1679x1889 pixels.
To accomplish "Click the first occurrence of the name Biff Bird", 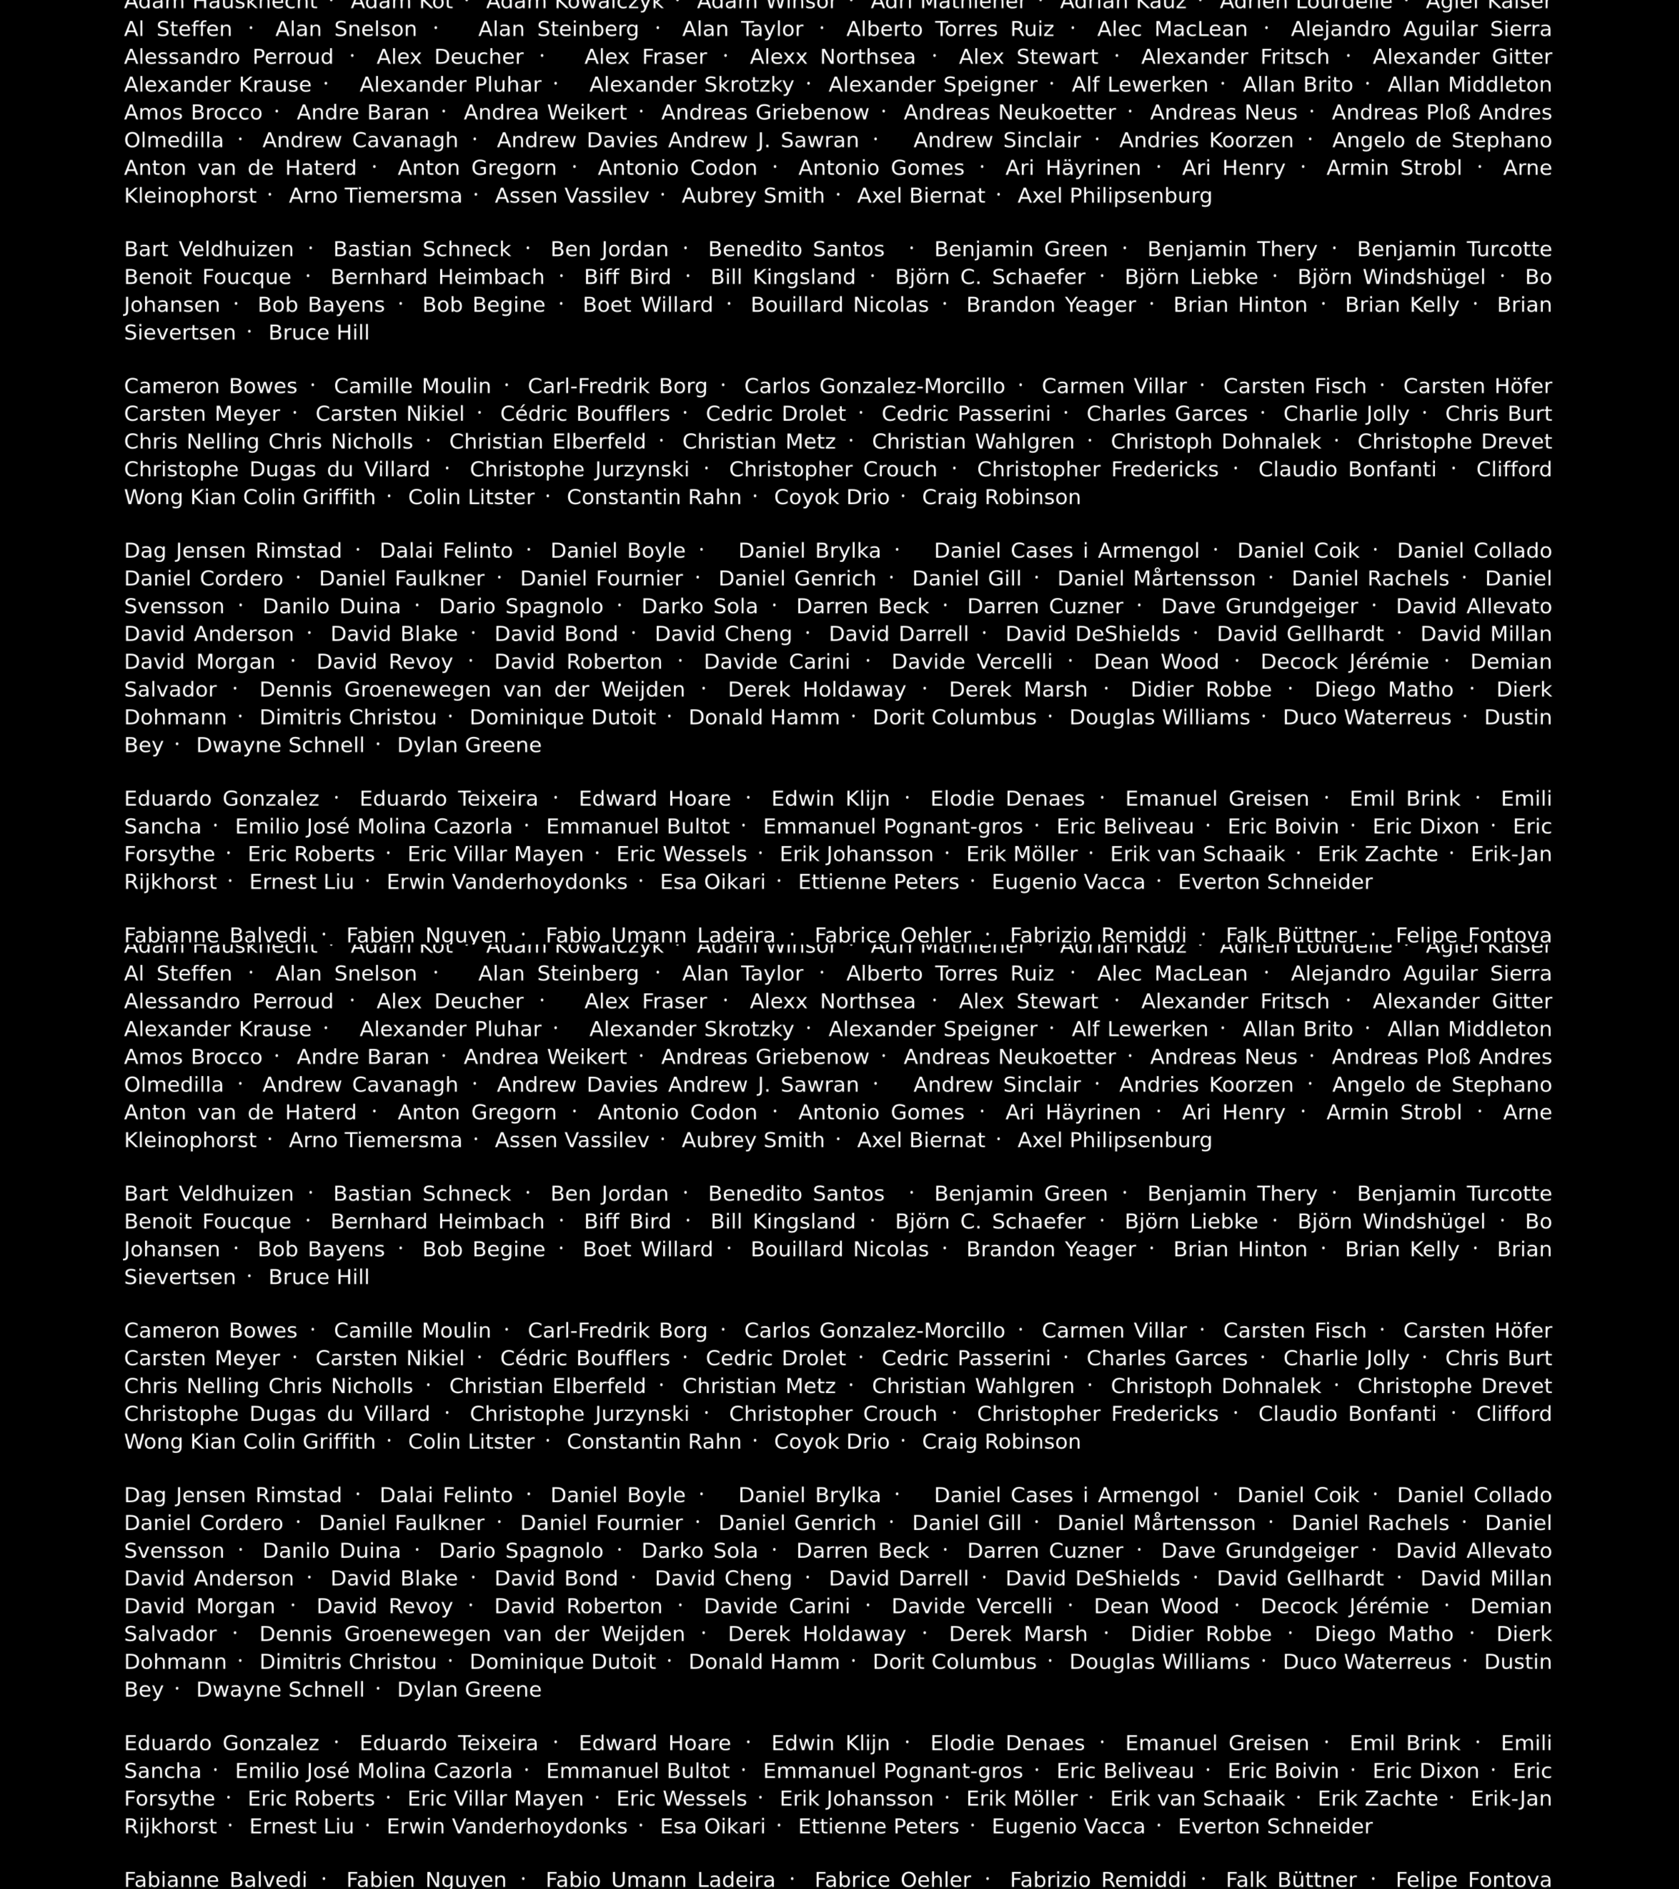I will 628,277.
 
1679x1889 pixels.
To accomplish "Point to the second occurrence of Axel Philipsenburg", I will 1114,1141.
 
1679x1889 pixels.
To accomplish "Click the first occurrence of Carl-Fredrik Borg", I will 617,386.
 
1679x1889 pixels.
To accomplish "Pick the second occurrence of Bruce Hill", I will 319,1277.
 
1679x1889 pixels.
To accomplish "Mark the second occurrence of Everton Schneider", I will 1275,1826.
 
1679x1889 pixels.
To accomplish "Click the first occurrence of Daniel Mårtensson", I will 1156,578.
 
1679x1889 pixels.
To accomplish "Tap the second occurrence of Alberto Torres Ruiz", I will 950,974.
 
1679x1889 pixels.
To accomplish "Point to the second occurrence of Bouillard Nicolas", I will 839,1250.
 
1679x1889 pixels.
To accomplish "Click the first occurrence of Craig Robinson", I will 1001,497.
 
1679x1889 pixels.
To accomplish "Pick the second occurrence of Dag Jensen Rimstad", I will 233,1495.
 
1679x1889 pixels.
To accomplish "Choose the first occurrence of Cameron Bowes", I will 211,386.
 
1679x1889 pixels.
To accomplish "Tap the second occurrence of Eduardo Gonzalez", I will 222,1743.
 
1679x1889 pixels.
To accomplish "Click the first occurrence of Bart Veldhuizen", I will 209,249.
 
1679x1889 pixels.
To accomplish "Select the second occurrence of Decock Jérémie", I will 1344,1606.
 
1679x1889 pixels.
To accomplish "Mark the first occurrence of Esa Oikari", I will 712,882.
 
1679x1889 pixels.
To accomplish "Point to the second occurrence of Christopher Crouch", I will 832,1414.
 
